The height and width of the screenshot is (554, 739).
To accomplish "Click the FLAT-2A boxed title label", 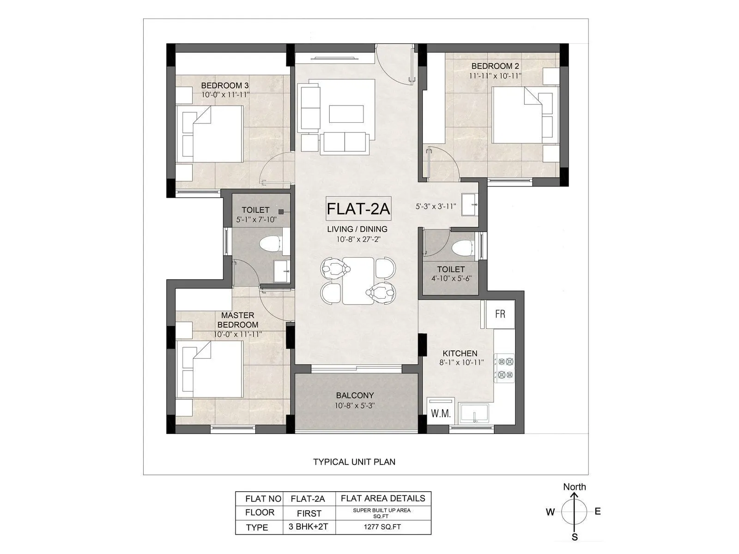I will pos(358,209).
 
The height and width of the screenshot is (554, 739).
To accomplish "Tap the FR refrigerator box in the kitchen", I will pos(499,314).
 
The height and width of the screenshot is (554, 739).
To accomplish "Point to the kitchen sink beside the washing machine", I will pos(473,413).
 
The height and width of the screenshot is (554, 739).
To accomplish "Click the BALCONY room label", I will pos(355,395).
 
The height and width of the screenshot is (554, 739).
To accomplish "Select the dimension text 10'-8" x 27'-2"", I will pos(358,239).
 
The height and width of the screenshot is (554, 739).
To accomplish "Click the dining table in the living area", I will pos(358,281).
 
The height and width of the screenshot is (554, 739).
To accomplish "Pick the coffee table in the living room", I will pos(346,114).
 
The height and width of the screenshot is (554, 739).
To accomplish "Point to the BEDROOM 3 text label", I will pos(225,85).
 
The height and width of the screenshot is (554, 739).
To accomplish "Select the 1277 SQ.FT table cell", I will pos(383,527).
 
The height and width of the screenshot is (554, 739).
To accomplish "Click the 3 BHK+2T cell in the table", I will pos(309,527).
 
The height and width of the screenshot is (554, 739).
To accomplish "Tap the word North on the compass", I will pos(574,487).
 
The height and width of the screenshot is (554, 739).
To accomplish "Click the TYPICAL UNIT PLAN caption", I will pos(354,462).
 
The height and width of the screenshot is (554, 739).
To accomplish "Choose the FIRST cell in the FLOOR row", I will pos(309,513).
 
